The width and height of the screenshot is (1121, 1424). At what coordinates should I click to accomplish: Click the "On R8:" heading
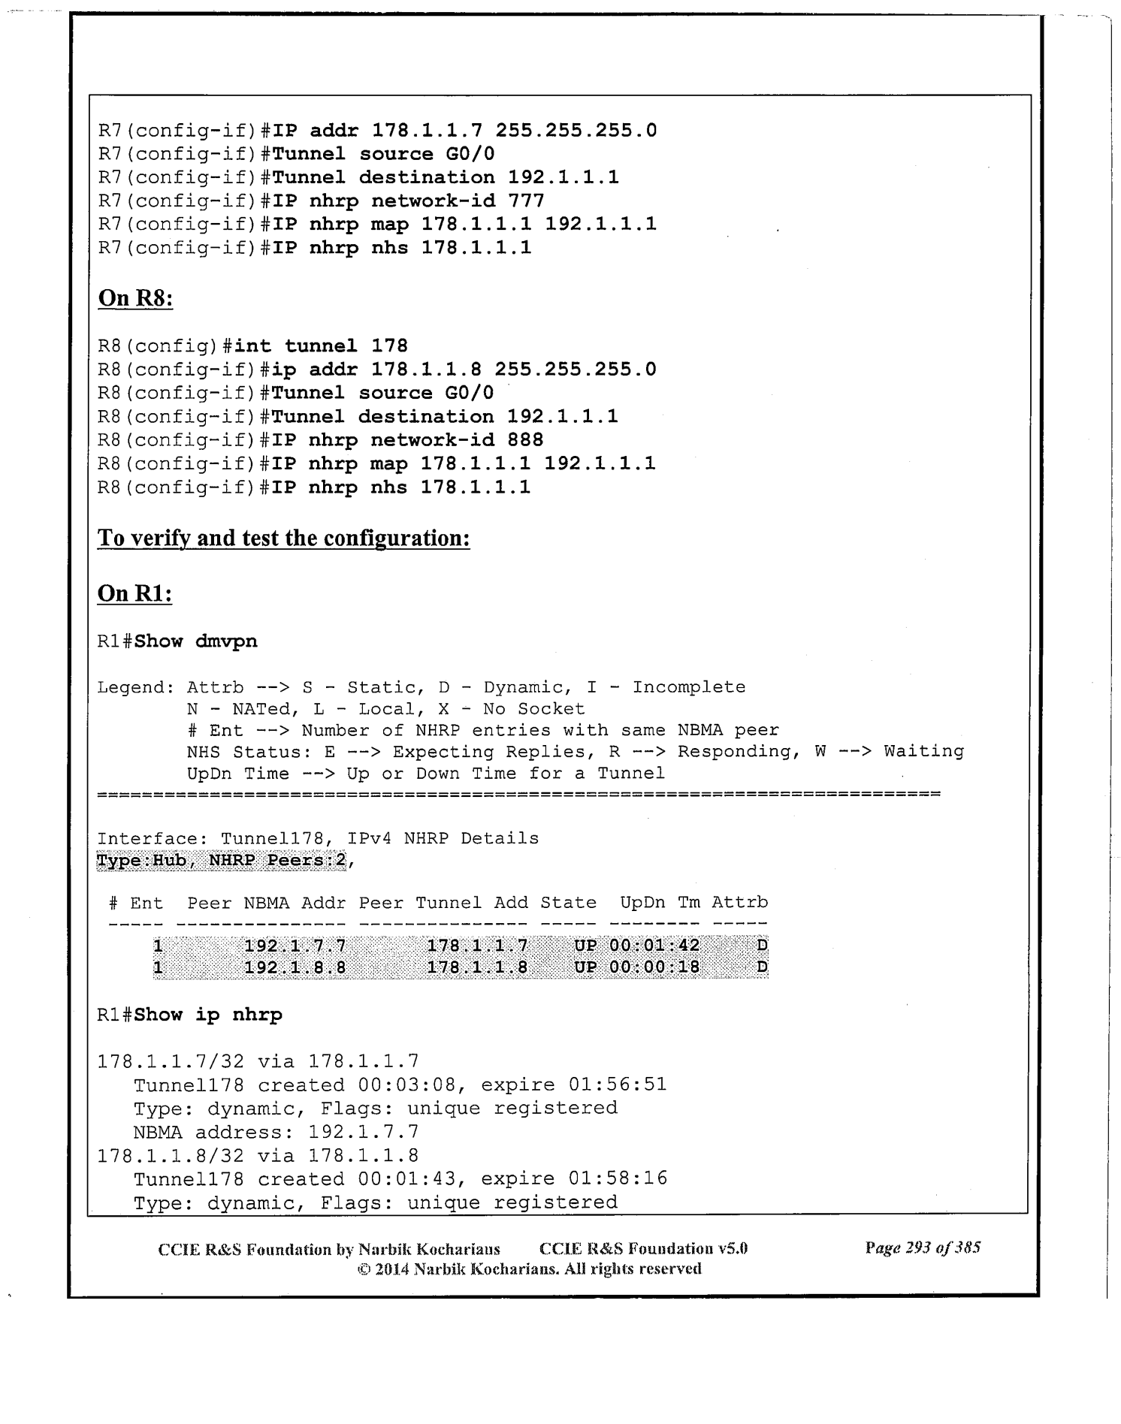(x=135, y=299)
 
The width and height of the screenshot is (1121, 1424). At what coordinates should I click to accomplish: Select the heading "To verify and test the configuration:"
(x=283, y=539)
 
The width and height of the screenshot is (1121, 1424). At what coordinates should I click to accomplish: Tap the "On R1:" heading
(x=135, y=594)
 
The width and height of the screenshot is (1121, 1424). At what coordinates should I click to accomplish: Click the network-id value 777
(x=526, y=201)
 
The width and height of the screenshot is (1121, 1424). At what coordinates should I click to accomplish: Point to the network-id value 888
(x=525, y=440)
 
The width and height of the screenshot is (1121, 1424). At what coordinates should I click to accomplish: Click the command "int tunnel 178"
(x=321, y=346)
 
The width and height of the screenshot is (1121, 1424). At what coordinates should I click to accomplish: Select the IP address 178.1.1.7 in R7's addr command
(x=428, y=131)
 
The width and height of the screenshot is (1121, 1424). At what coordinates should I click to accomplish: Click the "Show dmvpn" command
(x=196, y=641)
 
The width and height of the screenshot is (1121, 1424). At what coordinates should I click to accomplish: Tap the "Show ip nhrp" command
(x=208, y=1015)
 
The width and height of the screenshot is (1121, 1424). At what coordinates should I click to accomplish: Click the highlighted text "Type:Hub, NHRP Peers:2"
(x=222, y=860)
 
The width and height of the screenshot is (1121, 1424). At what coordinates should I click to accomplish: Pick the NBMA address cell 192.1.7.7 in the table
(x=295, y=946)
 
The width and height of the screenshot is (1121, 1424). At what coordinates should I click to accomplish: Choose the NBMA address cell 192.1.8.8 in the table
(x=295, y=967)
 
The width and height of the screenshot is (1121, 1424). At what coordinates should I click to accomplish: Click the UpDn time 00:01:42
(x=654, y=946)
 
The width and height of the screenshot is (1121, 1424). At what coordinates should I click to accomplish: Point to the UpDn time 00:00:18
(x=654, y=967)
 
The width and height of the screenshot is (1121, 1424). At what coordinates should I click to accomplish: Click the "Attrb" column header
(x=740, y=903)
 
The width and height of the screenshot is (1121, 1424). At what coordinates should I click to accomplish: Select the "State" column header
(x=569, y=903)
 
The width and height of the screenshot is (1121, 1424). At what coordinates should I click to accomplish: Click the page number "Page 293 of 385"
(x=923, y=1248)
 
